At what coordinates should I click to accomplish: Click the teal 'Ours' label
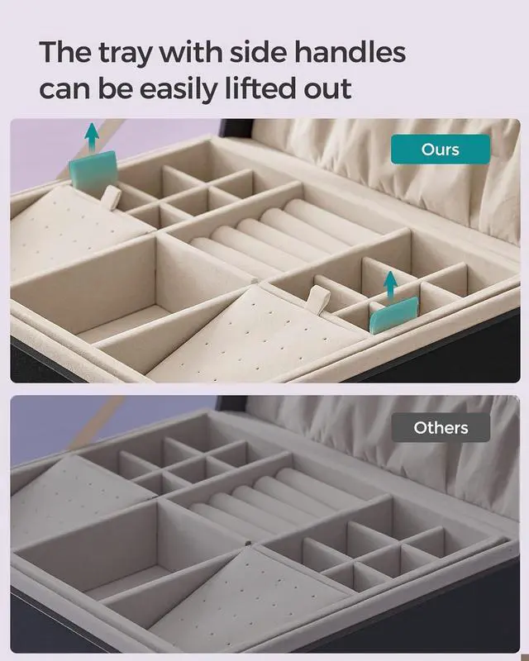click(x=441, y=150)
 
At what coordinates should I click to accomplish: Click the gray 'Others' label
click(x=441, y=427)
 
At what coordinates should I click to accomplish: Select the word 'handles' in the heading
click(x=350, y=51)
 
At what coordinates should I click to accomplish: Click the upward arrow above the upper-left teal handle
click(x=92, y=137)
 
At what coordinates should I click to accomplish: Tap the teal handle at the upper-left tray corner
click(x=93, y=169)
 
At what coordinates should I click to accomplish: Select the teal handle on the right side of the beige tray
click(x=394, y=315)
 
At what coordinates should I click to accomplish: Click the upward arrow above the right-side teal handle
click(x=391, y=286)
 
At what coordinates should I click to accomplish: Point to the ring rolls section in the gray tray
click(x=270, y=502)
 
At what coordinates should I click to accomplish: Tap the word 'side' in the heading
click(x=258, y=51)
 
